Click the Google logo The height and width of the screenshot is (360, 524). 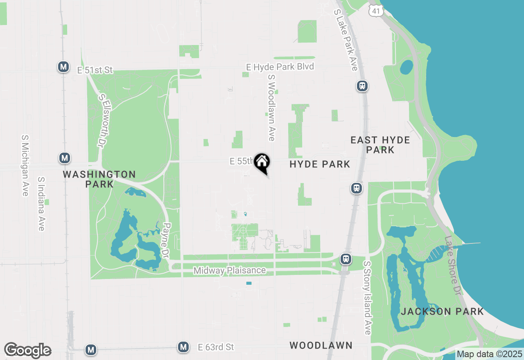[x=27, y=350]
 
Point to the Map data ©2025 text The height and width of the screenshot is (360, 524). [x=489, y=354]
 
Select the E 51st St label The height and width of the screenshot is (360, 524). [x=95, y=70]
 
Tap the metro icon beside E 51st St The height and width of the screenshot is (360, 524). [x=63, y=67]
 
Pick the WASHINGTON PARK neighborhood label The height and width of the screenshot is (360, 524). [x=99, y=179]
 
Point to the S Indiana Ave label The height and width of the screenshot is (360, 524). [x=41, y=204]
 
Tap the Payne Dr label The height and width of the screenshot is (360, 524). [x=166, y=241]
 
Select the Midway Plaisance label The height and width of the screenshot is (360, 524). [x=230, y=270]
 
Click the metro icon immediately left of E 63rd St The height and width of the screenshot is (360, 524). [x=183, y=347]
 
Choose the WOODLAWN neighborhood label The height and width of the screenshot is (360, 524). [x=321, y=345]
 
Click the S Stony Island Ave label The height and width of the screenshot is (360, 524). [x=367, y=298]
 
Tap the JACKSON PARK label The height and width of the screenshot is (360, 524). [x=442, y=311]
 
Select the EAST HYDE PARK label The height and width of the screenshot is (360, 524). [x=380, y=145]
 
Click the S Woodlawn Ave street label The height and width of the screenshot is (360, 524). [x=271, y=108]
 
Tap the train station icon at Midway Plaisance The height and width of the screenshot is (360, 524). [x=346, y=259]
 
